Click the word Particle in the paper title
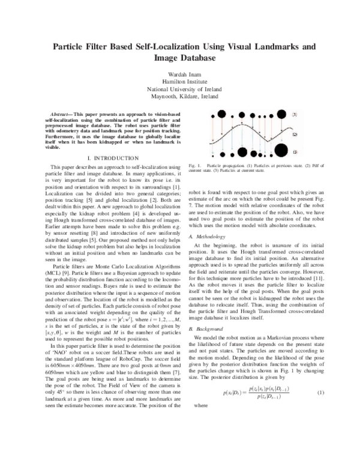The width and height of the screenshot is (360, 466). coord(73,46)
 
